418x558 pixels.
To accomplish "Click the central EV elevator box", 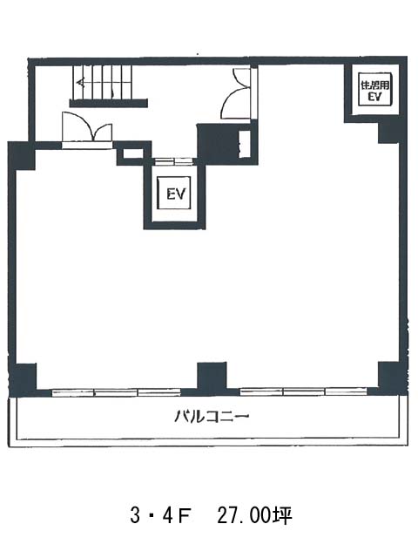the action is [x=174, y=194].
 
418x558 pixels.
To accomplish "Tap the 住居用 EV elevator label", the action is [x=375, y=91].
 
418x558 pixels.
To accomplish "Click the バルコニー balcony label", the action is [x=211, y=416].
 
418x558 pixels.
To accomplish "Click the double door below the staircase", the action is [x=87, y=127].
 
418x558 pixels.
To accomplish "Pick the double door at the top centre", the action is [x=236, y=93].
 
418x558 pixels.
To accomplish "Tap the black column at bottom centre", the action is [x=212, y=378].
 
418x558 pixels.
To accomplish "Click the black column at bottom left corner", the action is [x=23, y=380].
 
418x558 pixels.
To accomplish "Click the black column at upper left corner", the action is [x=22, y=156].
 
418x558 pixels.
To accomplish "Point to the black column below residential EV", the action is [x=391, y=132].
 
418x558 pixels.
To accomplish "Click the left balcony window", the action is [x=117, y=392].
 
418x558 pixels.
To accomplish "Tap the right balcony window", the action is [x=304, y=391].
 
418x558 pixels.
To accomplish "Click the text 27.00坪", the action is [x=254, y=516].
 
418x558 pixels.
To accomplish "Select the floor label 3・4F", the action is [x=159, y=516].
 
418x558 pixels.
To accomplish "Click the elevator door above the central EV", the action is [x=174, y=161].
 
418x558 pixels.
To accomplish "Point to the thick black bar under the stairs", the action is [x=108, y=103].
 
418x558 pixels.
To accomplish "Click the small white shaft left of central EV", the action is [x=133, y=153].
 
